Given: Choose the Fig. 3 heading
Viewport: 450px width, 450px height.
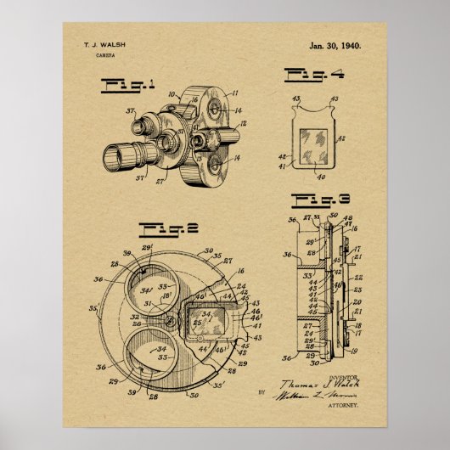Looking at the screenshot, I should tap(318, 200).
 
